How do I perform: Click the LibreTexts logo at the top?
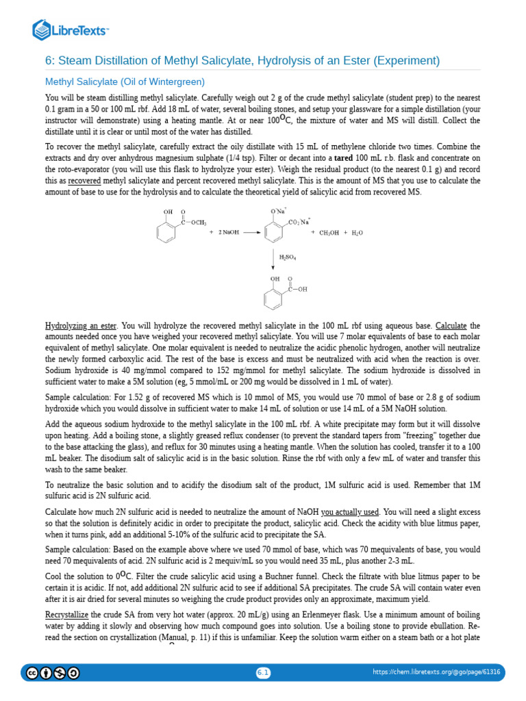tap(71, 29)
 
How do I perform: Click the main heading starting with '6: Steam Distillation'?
tap(242, 61)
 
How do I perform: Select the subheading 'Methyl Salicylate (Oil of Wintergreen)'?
tap(125, 81)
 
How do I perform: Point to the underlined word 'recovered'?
tap(84, 181)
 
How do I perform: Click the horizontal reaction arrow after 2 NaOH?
tap(251, 233)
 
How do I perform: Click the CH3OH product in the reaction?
tap(329, 233)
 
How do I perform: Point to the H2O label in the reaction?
tap(357, 233)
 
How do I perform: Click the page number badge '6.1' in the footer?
tap(263, 673)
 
